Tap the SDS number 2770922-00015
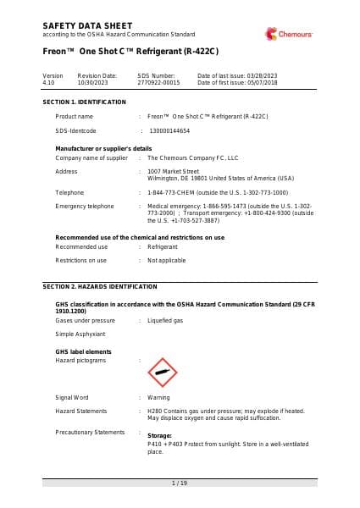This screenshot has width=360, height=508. click(159, 83)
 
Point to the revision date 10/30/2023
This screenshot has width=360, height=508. click(94, 83)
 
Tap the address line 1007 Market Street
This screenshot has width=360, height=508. click(174, 171)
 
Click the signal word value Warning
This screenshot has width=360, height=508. click(158, 396)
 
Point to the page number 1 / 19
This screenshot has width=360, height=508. click(180, 483)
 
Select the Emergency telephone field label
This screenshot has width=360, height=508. click(85, 206)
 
